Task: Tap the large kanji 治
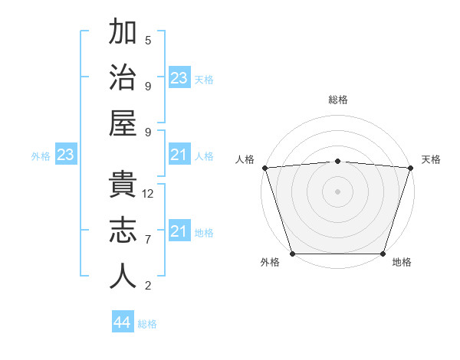pyautogui.click(x=123, y=79)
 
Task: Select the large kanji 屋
pyautogui.click(x=123, y=123)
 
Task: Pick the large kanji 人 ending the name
pyautogui.click(x=123, y=277)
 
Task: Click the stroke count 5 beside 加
pyautogui.click(x=148, y=40)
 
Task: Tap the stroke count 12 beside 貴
pyautogui.click(x=148, y=193)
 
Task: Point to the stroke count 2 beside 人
pyautogui.click(x=148, y=286)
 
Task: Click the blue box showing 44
pyautogui.click(x=122, y=322)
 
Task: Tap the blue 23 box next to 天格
pyautogui.click(x=179, y=78)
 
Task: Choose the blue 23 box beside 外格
pyautogui.click(x=65, y=155)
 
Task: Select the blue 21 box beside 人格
pyautogui.click(x=179, y=155)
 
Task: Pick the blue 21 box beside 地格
pyautogui.click(x=179, y=231)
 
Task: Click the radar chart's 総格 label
pyautogui.click(x=337, y=100)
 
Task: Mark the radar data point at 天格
pyautogui.click(x=410, y=168)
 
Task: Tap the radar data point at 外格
pyautogui.click(x=292, y=254)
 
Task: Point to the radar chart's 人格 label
pyautogui.click(x=245, y=159)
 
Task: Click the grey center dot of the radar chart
pyautogui.click(x=337, y=191)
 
